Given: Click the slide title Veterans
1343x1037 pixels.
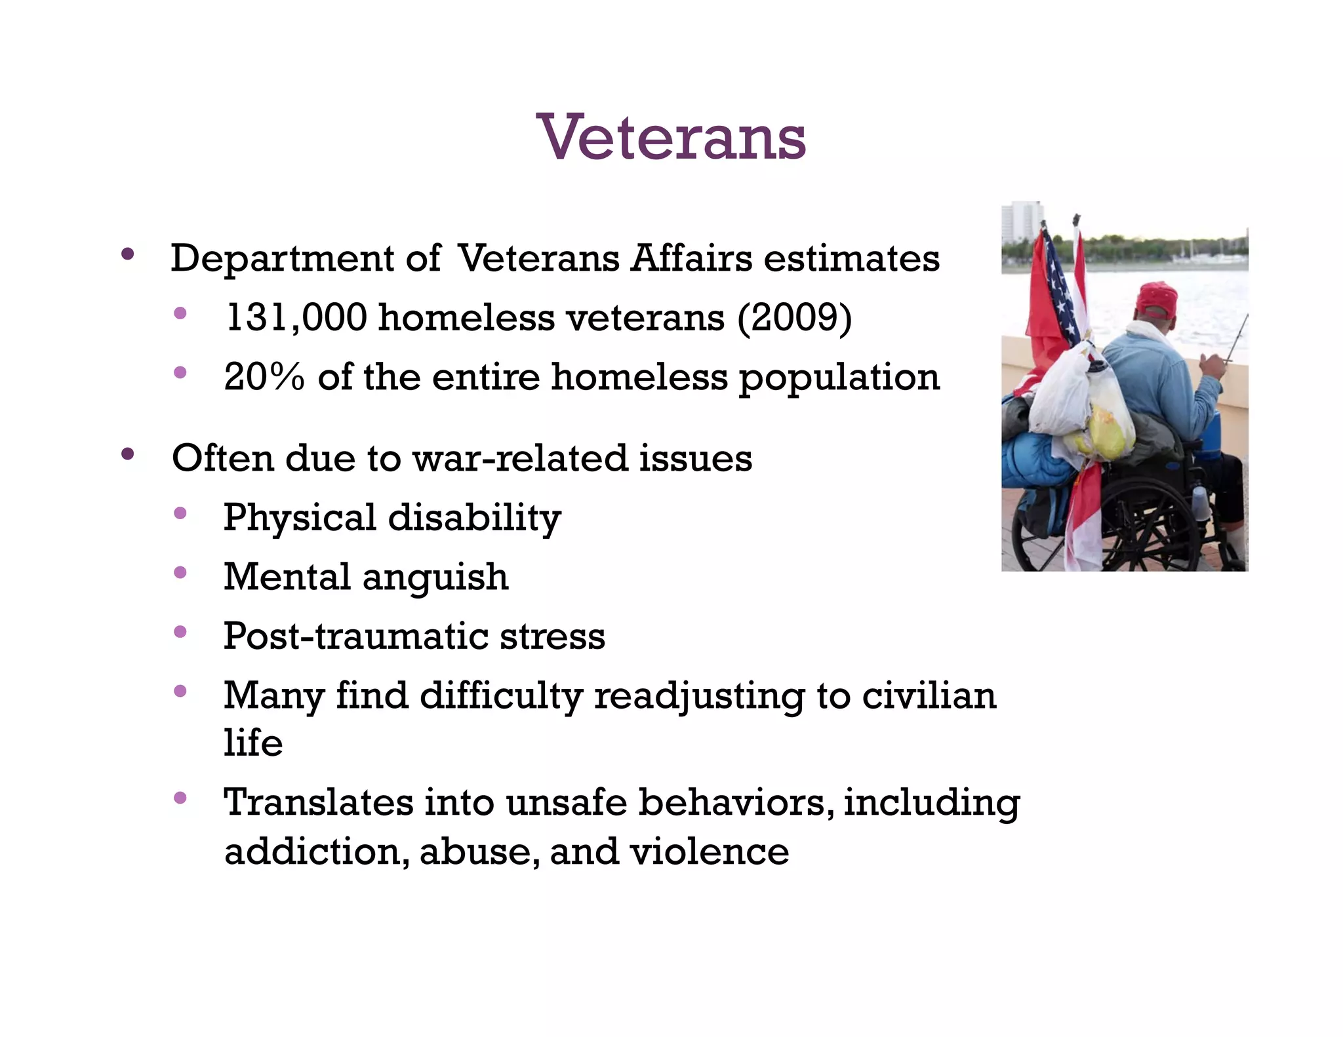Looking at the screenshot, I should (x=671, y=138).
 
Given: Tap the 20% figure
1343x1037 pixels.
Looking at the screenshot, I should (x=264, y=378).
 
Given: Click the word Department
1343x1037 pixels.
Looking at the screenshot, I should (x=283, y=259).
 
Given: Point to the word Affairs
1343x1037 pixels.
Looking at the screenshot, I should (x=691, y=258).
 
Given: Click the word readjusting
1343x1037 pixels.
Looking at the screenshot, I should (x=699, y=696).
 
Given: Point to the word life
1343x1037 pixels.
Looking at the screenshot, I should (x=253, y=743).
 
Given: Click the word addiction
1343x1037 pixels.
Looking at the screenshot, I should (x=316, y=852).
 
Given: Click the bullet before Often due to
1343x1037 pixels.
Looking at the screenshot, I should (x=128, y=454).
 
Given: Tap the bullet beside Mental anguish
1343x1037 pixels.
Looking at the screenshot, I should (x=180, y=574).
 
